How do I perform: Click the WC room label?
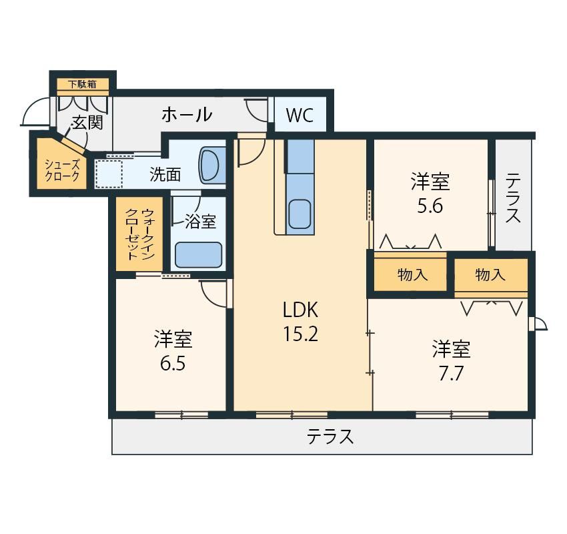click(300, 115)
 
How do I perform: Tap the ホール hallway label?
click(187, 115)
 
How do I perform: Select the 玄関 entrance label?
click(87, 123)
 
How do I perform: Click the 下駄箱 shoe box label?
click(83, 84)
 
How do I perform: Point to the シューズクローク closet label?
click(62, 171)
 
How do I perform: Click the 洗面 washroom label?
click(165, 175)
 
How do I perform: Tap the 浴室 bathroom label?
click(200, 222)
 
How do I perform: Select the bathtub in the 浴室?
click(198, 255)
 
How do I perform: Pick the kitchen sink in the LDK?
click(300, 214)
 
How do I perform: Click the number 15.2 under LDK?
click(300, 334)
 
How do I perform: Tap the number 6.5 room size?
click(173, 364)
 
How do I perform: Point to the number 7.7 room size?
click(451, 374)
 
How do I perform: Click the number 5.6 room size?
click(430, 206)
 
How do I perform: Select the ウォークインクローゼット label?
click(139, 234)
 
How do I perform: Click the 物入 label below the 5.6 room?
click(413, 275)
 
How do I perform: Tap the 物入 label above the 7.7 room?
click(490, 275)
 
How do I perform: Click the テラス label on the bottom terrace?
click(330, 437)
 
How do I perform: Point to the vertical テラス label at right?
click(513, 198)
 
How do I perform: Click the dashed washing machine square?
click(109, 174)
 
